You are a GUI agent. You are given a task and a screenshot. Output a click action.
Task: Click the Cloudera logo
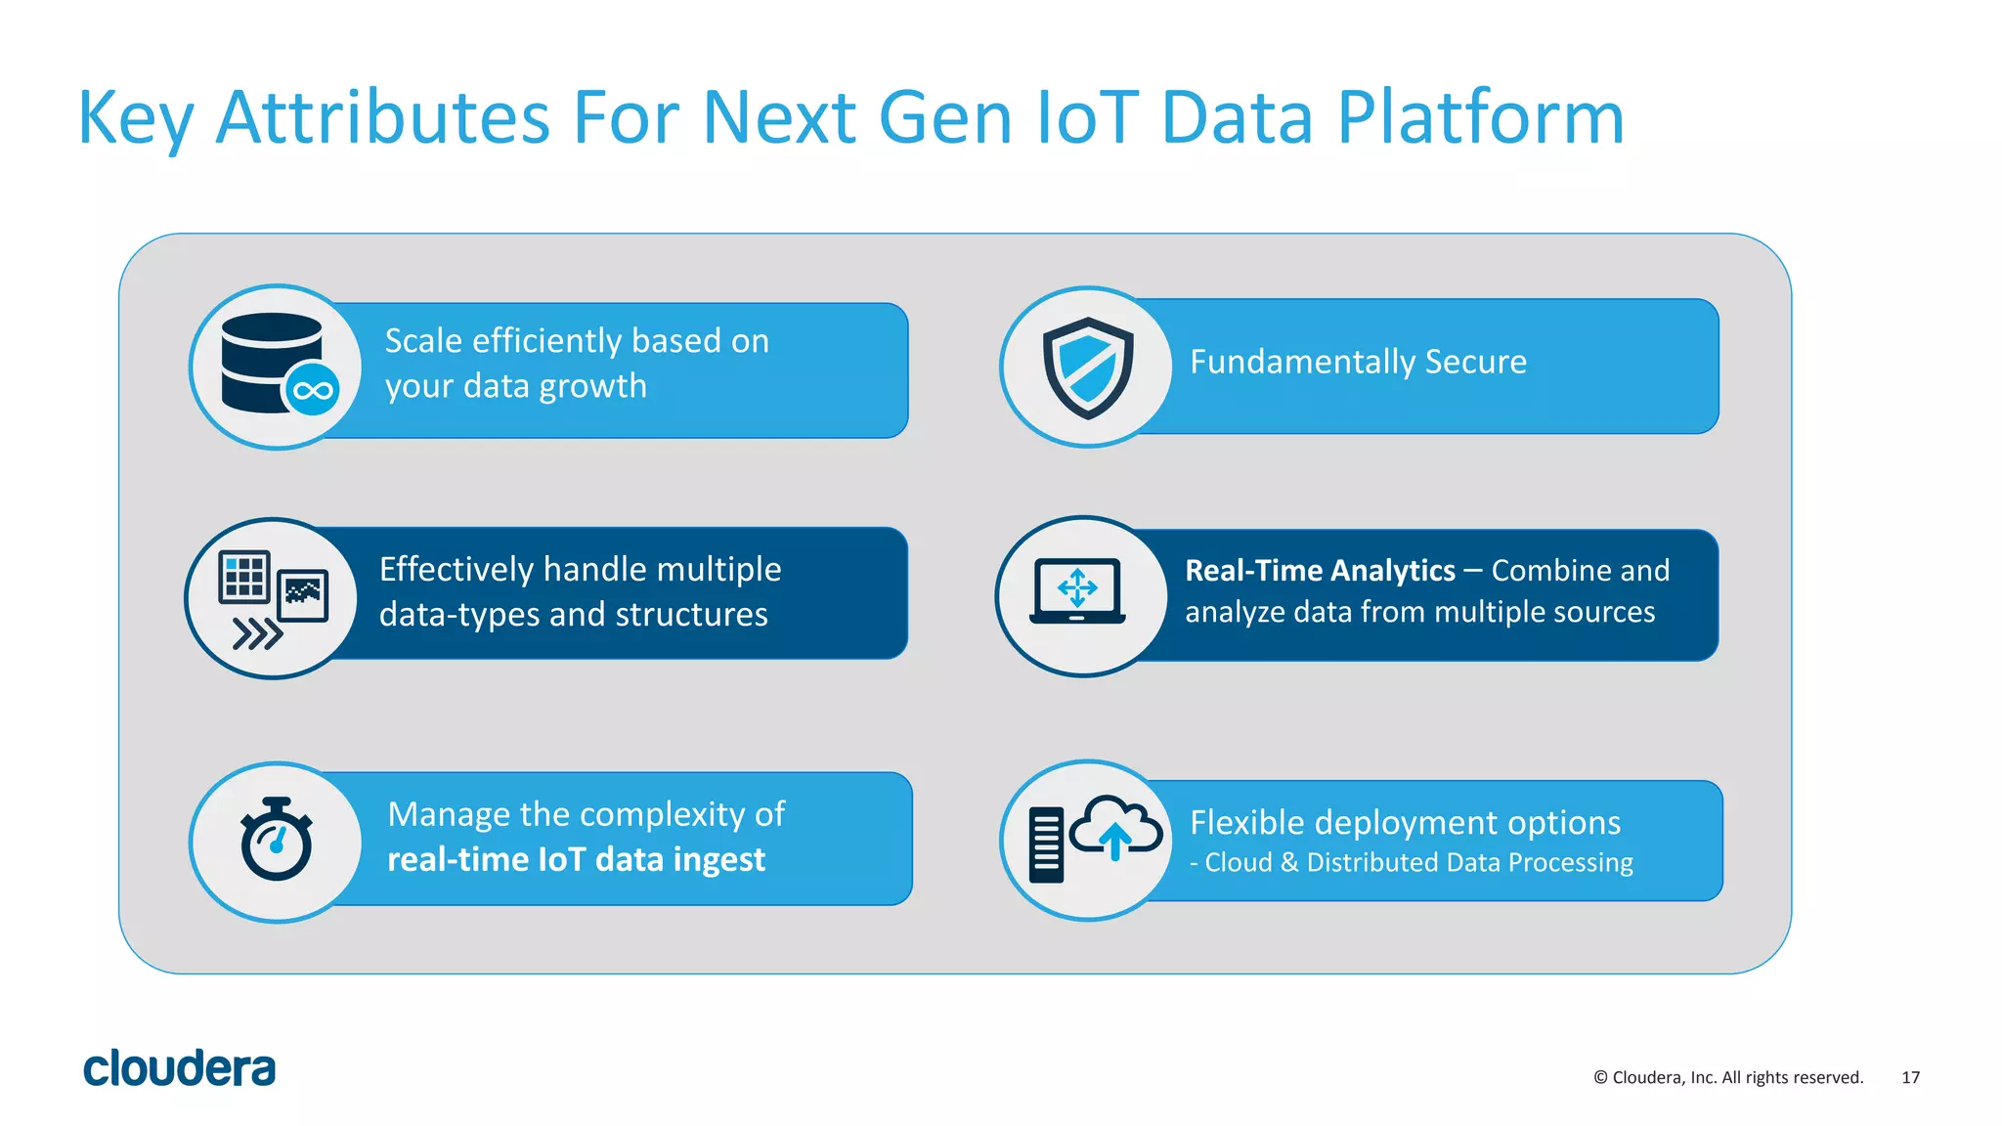click(x=179, y=1068)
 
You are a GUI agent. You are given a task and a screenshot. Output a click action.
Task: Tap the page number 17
click(x=1910, y=1077)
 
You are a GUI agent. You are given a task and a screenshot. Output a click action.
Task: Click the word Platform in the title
click(x=1480, y=118)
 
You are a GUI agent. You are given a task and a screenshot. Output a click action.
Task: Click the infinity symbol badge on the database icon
click(x=312, y=391)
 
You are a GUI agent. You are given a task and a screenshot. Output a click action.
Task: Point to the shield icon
click(x=1087, y=367)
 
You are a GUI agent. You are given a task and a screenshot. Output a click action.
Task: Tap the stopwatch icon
click(x=277, y=840)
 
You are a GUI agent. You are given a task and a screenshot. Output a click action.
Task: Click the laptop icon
click(x=1077, y=591)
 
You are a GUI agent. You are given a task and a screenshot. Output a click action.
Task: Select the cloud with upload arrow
click(x=1115, y=827)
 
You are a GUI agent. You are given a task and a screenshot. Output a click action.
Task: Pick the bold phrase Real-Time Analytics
click(x=1320, y=571)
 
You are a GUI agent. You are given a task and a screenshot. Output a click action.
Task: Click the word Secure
click(x=1475, y=362)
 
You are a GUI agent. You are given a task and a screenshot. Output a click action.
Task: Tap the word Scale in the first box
click(x=423, y=341)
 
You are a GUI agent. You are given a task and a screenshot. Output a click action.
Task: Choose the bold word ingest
click(x=718, y=860)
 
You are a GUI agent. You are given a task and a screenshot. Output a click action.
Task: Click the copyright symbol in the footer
click(x=1600, y=1077)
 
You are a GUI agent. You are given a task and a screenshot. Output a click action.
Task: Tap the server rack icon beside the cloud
click(x=1046, y=844)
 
